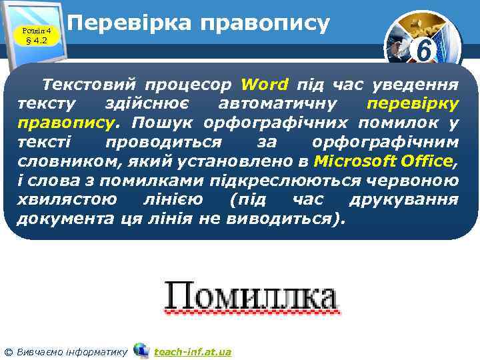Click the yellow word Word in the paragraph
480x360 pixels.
[x=265, y=85]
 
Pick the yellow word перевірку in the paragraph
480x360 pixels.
[x=413, y=105]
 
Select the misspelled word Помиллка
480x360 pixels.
[x=250, y=295]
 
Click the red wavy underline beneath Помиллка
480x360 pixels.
[x=250, y=311]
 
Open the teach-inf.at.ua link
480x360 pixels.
[x=193, y=351]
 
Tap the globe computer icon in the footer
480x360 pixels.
[x=141, y=350]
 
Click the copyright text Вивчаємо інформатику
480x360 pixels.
[x=71, y=351]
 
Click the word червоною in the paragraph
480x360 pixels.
[x=419, y=181]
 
